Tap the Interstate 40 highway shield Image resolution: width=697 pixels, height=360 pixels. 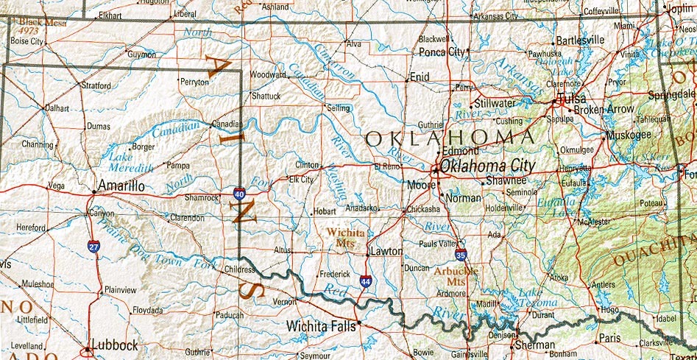(x=240, y=194)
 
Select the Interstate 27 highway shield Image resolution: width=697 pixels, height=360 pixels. (x=93, y=247)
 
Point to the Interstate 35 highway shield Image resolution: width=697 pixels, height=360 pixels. (x=461, y=255)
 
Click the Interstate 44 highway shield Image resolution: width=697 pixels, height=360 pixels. (x=366, y=281)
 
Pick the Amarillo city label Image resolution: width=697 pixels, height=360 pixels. (x=121, y=186)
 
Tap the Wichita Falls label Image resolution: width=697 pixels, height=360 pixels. (x=321, y=324)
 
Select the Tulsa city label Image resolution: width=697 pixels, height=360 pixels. (x=572, y=99)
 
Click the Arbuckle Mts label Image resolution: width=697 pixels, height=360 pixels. (x=456, y=275)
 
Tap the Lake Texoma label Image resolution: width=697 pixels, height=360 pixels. (x=538, y=297)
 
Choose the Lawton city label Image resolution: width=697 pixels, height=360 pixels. (x=387, y=251)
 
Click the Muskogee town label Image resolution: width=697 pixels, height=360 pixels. (x=629, y=135)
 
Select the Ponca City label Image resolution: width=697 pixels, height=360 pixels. (x=442, y=52)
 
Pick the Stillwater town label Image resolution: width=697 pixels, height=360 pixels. (x=495, y=103)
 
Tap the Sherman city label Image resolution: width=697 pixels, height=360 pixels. (x=534, y=345)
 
